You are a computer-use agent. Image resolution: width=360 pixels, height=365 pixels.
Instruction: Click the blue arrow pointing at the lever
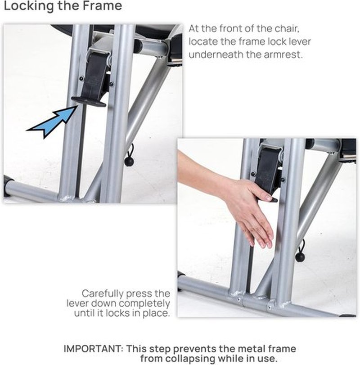pos(52,122)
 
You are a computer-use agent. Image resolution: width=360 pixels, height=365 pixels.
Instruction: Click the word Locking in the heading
pos(29,5)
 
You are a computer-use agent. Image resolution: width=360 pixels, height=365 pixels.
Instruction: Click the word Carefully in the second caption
pos(103,294)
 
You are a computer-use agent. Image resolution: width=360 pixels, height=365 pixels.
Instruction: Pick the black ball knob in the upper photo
pos(129,161)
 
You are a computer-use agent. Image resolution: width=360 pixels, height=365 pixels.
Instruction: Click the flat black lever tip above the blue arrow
pos(89,102)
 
